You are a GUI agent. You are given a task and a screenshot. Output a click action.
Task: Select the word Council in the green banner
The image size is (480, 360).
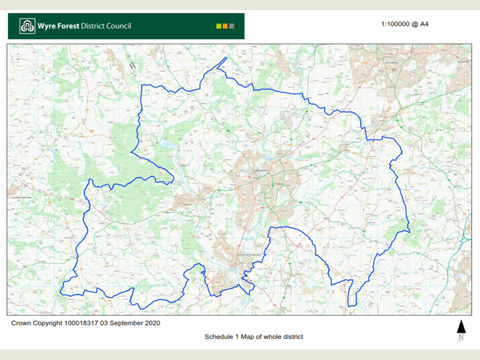[x=116, y=26]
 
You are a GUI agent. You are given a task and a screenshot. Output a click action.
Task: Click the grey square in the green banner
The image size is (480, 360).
[x=232, y=26]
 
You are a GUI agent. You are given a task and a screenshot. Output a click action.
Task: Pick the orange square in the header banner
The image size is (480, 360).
[x=225, y=26]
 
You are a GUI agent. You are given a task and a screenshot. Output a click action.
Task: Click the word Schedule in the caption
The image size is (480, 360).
[x=220, y=337]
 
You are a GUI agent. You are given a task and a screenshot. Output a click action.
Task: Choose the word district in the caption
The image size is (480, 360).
[x=292, y=337]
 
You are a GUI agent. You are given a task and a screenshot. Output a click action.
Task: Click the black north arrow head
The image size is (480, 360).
[x=461, y=325]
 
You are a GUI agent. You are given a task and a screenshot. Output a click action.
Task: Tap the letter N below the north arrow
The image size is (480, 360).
[x=461, y=337]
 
